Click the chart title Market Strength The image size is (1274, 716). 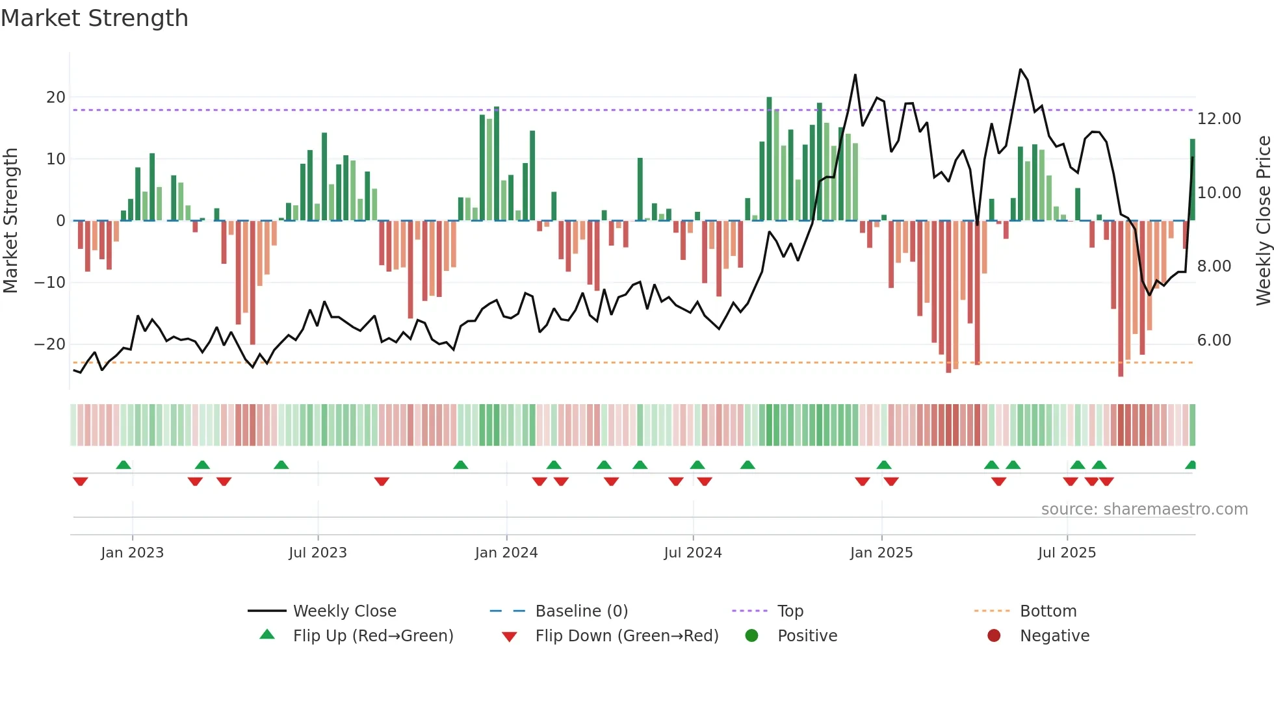pyautogui.click(x=94, y=18)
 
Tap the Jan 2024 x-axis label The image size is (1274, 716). pyautogui.click(x=506, y=553)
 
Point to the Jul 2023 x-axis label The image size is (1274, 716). pyautogui.click(x=318, y=553)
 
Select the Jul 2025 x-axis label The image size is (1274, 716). pyautogui.click(x=1067, y=553)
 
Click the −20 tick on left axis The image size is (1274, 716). pyautogui.click(x=50, y=344)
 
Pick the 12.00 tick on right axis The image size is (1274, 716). pyautogui.click(x=1219, y=119)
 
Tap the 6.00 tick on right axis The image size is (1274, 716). pyautogui.click(x=1214, y=340)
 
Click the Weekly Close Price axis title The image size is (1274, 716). pyautogui.click(x=1263, y=221)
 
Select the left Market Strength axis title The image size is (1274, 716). pyautogui.click(x=10, y=221)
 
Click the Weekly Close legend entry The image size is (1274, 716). pyautogui.click(x=344, y=611)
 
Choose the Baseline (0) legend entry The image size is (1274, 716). pyautogui.click(x=581, y=611)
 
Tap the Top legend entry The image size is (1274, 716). pyautogui.click(x=790, y=611)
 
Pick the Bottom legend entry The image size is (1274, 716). pyautogui.click(x=1048, y=611)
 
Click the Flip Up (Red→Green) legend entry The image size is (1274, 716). pyautogui.click(x=372, y=636)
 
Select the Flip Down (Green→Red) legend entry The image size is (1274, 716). pyautogui.click(x=627, y=636)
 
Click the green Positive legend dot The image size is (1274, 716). pyautogui.click(x=751, y=636)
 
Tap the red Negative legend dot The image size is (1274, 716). pyautogui.click(x=994, y=636)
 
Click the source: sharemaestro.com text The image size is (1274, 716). pyautogui.click(x=1144, y=509)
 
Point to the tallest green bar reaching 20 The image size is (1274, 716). pyautogui.click(x=769, y=159)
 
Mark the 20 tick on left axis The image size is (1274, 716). pyautogui.click(x=55, y=97)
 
